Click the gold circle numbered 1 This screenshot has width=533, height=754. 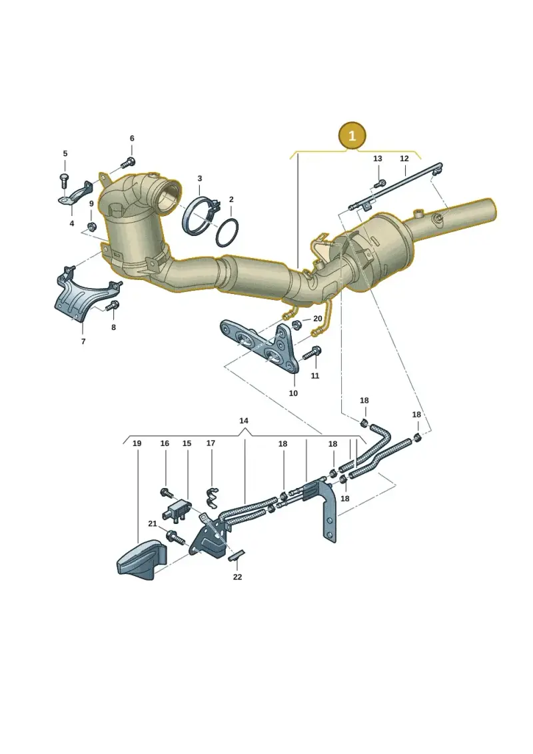(352, 135)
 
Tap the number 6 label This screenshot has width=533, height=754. (132, 139)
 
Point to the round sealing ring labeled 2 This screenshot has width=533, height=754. (227, 233)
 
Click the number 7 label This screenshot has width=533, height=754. (83, 341)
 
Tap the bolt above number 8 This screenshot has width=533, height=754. (113, 305)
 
